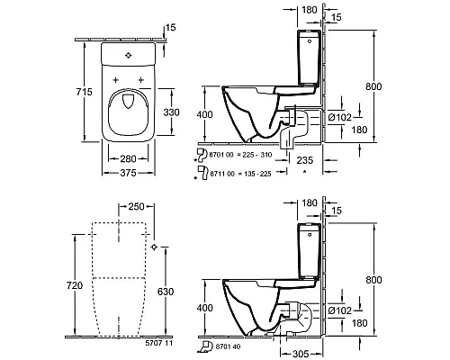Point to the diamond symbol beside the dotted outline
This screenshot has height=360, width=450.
point(157,245)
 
